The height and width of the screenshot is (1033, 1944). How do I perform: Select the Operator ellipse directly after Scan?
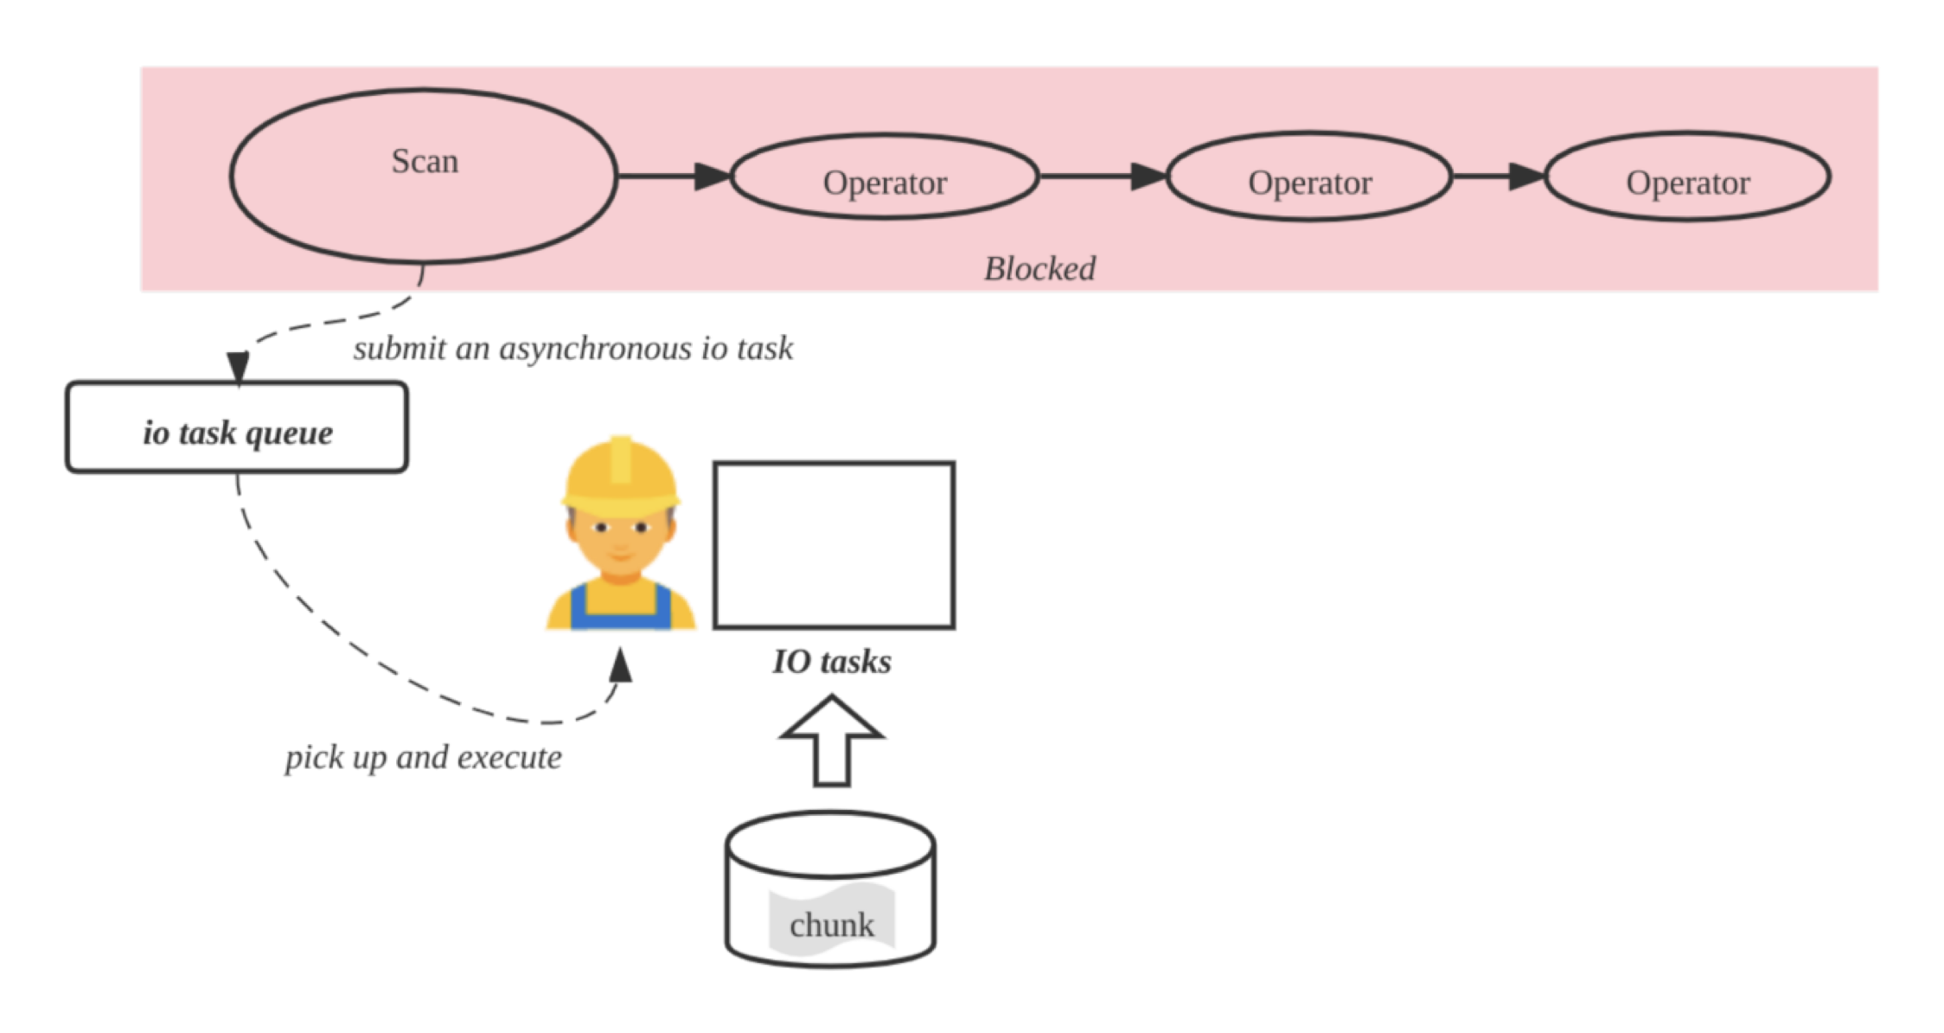click(885, 177)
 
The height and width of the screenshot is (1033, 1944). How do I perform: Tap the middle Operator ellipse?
click(1309, 177)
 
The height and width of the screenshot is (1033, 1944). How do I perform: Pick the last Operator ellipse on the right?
click(1687, 177)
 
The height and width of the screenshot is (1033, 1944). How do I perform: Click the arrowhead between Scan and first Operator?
click(714, 176)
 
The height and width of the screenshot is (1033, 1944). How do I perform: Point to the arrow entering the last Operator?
click(1526, 176)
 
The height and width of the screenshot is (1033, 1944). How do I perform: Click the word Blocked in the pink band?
click(1039, 269)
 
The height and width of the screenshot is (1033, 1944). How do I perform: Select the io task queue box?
click(237, 429)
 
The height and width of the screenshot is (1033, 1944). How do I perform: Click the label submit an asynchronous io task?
click(572, 349)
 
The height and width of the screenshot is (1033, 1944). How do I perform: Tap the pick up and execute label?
click(424, 758)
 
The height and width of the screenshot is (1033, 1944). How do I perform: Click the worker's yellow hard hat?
click(621, 472)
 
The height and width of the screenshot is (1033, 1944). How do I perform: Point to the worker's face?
click(621, 541)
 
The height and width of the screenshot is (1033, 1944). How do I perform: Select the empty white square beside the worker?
click(834, 545)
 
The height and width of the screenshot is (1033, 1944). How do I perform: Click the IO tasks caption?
click(832, 662)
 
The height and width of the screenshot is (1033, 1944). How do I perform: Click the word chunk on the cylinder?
click(832, 926)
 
